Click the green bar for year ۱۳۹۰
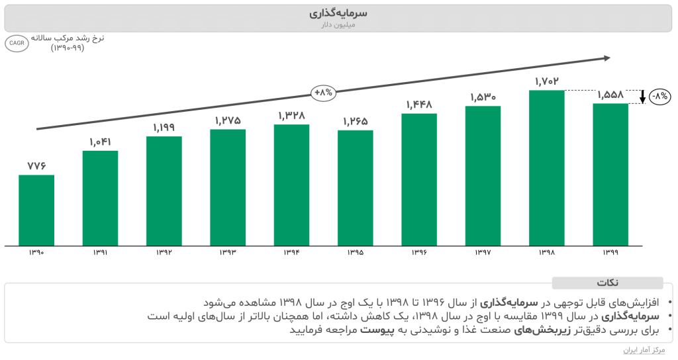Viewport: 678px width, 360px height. [36, 210]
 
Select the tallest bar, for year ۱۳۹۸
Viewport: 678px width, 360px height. [547, 168]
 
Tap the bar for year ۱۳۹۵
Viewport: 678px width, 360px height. [356, 188]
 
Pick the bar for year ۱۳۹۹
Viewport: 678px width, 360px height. [610, 175]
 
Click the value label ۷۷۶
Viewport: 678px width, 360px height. [36, 165]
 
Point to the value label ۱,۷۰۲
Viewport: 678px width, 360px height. [547, 81]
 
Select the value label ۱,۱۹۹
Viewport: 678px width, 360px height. [164, 127]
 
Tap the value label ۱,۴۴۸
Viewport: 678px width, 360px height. [419, 104]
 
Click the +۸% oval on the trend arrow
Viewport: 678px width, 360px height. [324, 93]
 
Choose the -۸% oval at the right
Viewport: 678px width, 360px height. [660, 97]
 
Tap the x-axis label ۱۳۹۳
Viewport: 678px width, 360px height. [228, 253]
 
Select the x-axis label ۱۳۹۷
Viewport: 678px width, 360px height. [483, 253]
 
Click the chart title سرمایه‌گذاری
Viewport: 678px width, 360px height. [338, 13]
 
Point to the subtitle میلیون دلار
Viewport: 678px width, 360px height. [338, 24]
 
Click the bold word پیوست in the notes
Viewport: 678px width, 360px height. [377, 329]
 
